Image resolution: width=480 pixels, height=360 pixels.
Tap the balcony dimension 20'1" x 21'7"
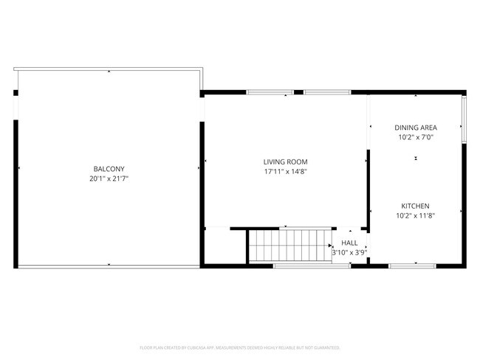pyautogui.click(x=108, y=178)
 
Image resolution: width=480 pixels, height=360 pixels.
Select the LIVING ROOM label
pyautogui.click(x=285, y=162)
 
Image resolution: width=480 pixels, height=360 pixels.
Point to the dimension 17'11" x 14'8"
pyautogui.click(x=285, y=171)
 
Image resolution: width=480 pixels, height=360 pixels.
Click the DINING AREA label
pyautogui.click(x=416, y=127)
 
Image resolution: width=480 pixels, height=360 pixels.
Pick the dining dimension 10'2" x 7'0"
pyautogui.click(x=416, y=136)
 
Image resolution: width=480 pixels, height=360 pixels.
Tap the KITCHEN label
pyautogui.click(x=415, y=206)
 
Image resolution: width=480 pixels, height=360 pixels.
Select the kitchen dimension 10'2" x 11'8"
pyautogui.click(x=415, y=215)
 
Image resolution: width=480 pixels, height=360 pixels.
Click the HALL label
pyautogui.click(x=349, y=242)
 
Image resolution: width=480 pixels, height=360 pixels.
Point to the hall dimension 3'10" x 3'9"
pyautogui.click(x=349, y=252)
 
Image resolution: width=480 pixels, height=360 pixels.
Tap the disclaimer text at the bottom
pyautogui.click(x=240, y=347)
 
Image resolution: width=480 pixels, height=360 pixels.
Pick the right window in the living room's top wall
pyautogui.click(x=327, y=92)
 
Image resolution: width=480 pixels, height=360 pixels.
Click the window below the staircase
pyautogui.click(x=301, y=265)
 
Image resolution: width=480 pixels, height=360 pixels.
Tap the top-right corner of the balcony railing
pyautogui.click(x=202, y=70)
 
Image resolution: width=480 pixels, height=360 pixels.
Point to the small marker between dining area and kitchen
pyautogui.click(x=416, y=159)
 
